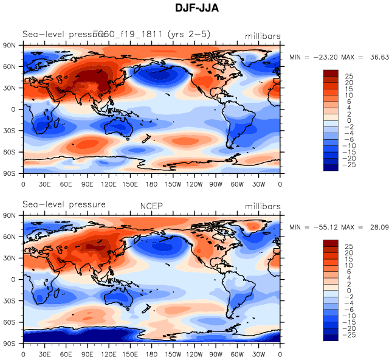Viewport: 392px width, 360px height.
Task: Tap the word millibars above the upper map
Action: (x=263, y=36)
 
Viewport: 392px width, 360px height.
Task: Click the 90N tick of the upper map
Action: (x=10, y=46)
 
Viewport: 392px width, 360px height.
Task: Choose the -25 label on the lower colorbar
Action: (x=349, y=335)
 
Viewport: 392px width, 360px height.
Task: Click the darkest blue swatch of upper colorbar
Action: (x=331, y=168)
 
